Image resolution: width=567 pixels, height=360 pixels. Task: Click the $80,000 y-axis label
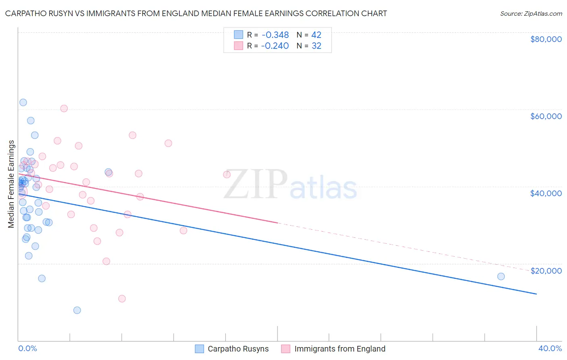[x=546, y=39]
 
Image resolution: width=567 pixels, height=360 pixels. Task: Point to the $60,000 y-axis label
[x=546, y=116]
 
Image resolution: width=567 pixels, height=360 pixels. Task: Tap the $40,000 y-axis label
[x=546, y=193]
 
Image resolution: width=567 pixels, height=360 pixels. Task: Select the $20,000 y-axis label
[x=546, y=271]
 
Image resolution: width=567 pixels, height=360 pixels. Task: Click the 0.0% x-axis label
[x=27, y=348]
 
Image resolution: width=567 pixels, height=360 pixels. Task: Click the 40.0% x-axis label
[x=550, y=348]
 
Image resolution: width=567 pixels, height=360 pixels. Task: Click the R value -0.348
[x=275, y=35]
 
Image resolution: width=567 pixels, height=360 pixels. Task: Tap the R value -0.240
[x=275, y=46]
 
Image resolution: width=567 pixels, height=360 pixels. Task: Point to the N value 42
[x=316, y=35]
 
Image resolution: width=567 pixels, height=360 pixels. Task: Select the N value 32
[x=316, y=46]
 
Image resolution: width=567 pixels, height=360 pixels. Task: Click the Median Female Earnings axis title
[x=11, y=184]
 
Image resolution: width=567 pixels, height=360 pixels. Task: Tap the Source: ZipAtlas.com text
[x=531, y=14]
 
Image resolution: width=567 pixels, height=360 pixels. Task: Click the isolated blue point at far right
[x=501, y=276]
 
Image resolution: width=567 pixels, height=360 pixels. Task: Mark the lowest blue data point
[x=77, y=310]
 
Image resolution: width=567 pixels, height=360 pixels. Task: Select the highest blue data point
[x=23, y=103]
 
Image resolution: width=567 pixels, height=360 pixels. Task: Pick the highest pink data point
[x=64, y=109]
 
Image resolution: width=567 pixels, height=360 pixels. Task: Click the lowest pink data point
[x=122, y=299]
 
